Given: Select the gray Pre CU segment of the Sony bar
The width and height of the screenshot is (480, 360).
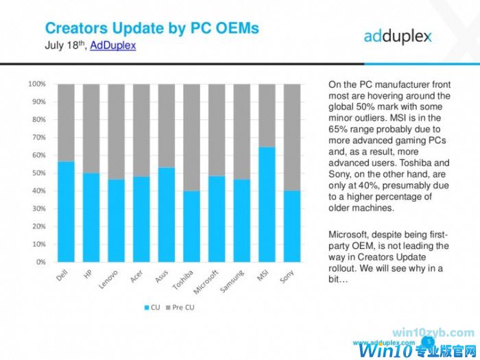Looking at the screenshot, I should [x=292, y=137].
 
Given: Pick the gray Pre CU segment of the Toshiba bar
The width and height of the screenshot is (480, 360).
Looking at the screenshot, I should [x=192, y=137].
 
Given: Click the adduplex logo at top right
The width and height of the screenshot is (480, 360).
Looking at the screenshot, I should [x=397, y=36].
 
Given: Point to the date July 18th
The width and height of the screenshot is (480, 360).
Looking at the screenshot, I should [x=64, y=45].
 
